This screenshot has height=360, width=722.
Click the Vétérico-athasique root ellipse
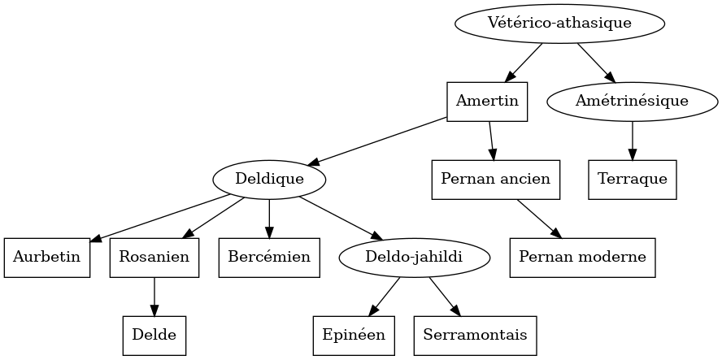pyautogui.click(x=559, y=23)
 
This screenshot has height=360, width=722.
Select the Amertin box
pyautogui.click(x=487, y=102)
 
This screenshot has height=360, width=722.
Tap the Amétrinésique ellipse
pyautogui.click(x=632, y=102)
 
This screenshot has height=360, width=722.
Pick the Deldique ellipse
pyautogui.click(x=269, y=179)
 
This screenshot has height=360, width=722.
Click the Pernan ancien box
pyautogui.click(x=495, y=179)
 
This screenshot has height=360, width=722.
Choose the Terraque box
pyautogui.click(x=632, y=179)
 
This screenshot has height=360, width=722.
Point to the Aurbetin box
pyautogui.click(x=46, y=258)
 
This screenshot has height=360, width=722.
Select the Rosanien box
pyautogui.click(x=154, y=258)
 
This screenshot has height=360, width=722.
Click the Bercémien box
pyautogui.click(x=269, y=258)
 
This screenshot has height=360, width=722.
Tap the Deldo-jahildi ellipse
pyautogui.click(x=414, y=258)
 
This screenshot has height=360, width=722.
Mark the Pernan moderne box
pyautogui.click(x=582, y=258)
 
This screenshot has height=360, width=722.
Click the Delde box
pyautogui.click(x=154, y=335)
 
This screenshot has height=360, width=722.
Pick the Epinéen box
pyautogui.click(x=354, y=335)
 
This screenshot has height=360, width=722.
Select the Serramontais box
pyautogui.click(x=475, y=335)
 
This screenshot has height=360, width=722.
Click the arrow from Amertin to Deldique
pyautogui.click(x=378, y=141)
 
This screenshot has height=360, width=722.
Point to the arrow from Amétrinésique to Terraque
pyautogui.click(x=632, y=140)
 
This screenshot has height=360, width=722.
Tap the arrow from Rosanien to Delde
pyautogui.click(x=154, y=297)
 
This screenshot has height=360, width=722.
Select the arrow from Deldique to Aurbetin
pyautogui.click(x=159, y=218)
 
